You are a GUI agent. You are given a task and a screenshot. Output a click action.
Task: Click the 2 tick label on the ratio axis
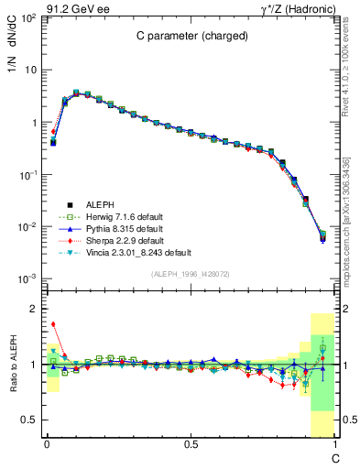coord(32,310)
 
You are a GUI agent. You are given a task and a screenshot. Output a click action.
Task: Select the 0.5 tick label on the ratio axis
coord(28,420)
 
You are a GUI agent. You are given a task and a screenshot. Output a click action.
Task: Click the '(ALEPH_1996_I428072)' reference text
coord(190,274)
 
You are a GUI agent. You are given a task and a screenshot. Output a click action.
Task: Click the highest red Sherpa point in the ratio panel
coord(53,323)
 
